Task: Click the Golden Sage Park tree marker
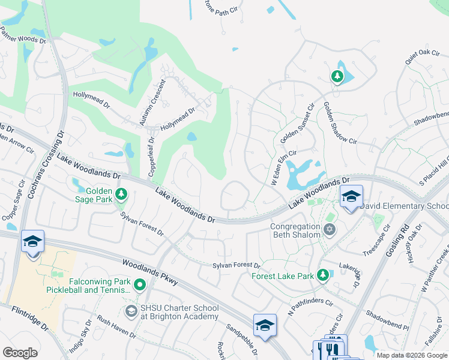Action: (122, 193)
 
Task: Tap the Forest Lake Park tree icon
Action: (324, 275)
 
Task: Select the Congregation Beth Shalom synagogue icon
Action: (328, 229)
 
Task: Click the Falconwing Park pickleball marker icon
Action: (140, 285)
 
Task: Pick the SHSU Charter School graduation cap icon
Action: (131, 311)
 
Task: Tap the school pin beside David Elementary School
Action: (351, 197)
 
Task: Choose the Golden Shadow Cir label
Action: (340, 123)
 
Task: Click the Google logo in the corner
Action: (20, 353)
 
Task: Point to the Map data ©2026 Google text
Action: (411, 355)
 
